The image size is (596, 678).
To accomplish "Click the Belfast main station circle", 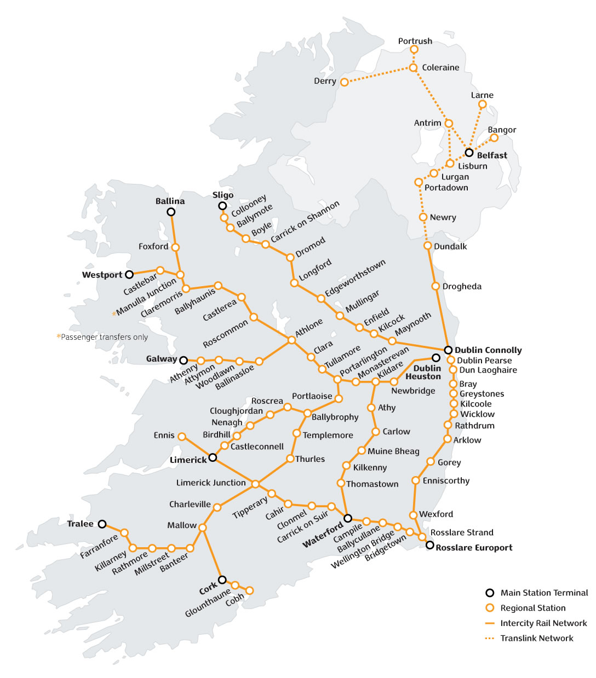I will [469, 153].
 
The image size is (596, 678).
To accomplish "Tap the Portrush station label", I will [415, 41].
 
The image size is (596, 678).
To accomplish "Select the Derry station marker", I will [344, 82].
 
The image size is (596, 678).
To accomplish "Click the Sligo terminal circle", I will [222, 206].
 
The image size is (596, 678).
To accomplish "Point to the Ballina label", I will [170, 201].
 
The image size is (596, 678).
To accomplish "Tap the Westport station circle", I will [129, 275].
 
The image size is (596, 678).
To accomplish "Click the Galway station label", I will [162, 359].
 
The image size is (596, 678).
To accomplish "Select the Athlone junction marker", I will [291, 340].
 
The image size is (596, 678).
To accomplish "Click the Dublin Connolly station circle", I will [448, 350].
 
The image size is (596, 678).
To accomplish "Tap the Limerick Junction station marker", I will [255, 484].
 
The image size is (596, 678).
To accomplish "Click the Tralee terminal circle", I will [102, 524].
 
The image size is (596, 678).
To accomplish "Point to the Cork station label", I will [208, 589].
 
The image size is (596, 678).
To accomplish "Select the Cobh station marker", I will [249, 590].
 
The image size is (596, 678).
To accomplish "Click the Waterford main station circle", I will [347, 518].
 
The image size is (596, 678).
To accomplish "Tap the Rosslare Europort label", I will [474, 547].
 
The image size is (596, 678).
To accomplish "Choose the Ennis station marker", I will [182, 437].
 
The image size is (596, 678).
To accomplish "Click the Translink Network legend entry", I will [536, 638].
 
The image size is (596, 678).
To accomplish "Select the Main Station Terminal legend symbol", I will [490, 593].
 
